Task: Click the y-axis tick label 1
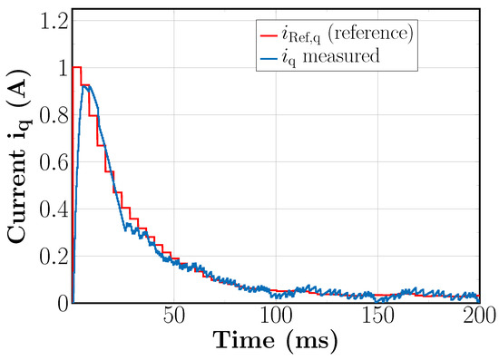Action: [x=57, y=67]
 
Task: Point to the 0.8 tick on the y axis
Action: [x=49, y=114]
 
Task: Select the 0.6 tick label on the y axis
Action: [x=49, y=161]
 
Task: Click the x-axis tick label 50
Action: [x=173, y=317]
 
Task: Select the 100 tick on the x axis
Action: [x=276, y=317]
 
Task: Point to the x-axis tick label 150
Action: [x=377, y=317]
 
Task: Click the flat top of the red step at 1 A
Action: [x=77, y=67]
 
